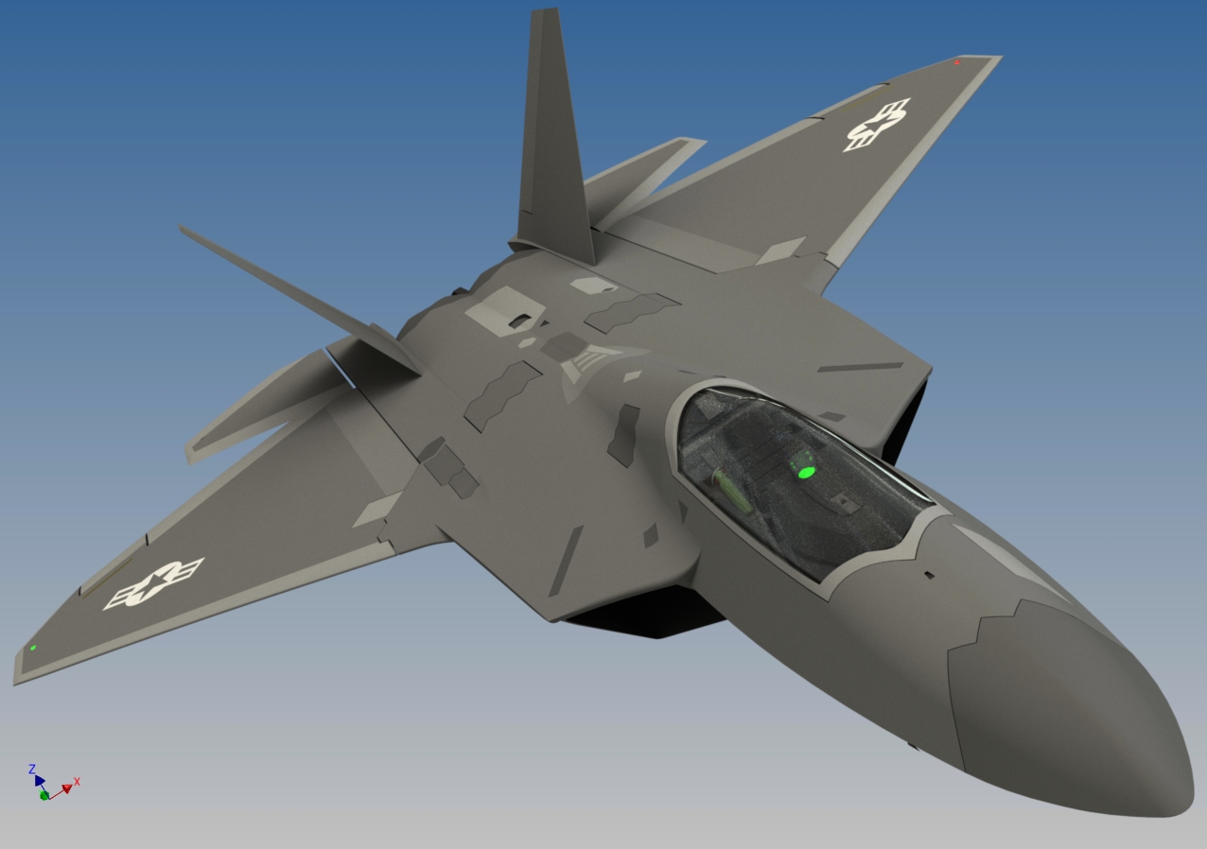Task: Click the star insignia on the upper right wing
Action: [876, 125]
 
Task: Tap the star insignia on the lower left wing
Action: [153, 582]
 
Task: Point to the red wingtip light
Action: [957, 62]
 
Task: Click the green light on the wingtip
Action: [33, 648]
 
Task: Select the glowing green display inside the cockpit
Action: [806, 470]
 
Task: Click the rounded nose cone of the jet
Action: [1088, 719]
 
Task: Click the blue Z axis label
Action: [32, 769]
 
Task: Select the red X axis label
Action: [77, 781]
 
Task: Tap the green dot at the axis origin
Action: [44, 796]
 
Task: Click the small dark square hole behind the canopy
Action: [929, 575]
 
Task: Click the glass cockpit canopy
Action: [795, 473]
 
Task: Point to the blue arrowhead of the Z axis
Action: [40, 780]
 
